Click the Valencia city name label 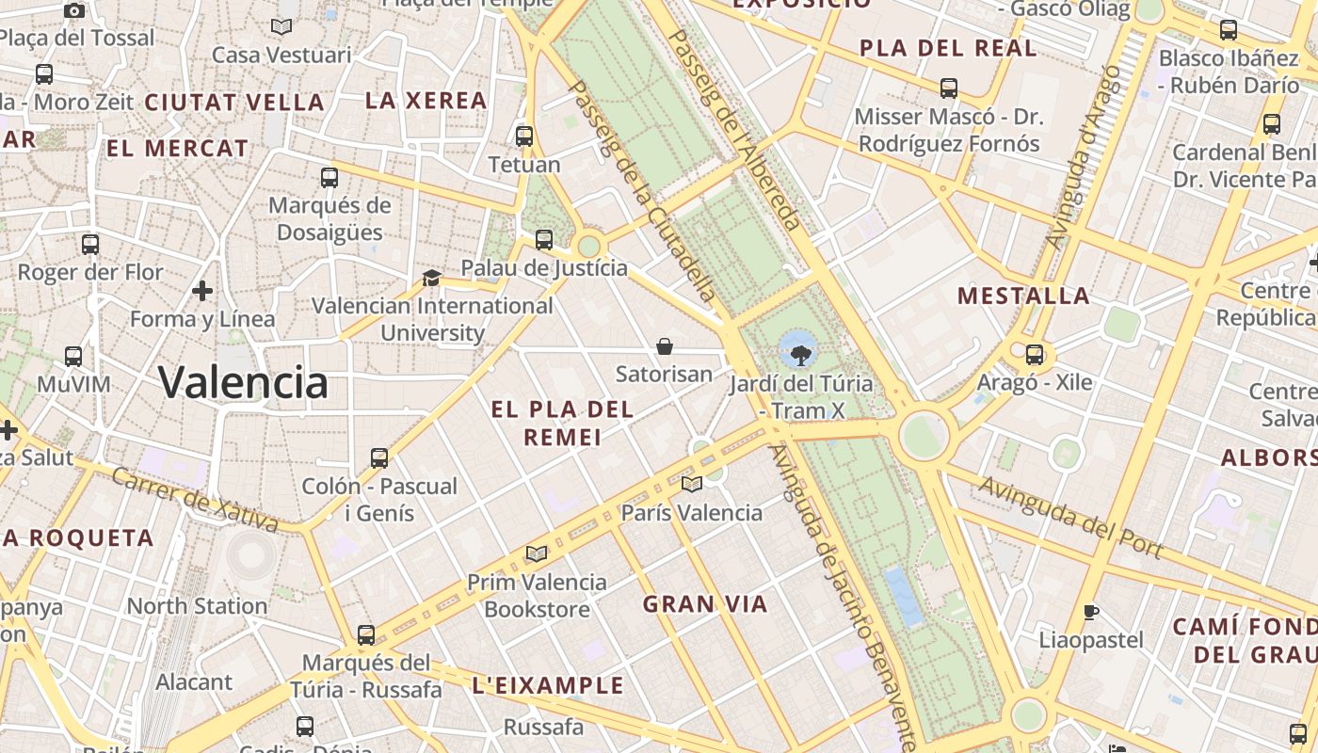coord(243,382)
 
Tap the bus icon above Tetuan coord(524,136)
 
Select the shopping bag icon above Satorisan coord(665,346)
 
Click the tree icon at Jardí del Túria coord(799,354)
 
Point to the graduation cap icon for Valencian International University coord(431,278)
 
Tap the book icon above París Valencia coord(692,484)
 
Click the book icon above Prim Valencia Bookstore coord(537,553)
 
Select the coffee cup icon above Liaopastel coord(1090,612)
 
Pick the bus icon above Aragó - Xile coord(1035,355)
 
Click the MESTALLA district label coord(1023,296)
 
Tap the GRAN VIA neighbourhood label coord(705,604)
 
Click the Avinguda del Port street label coord(1071,517)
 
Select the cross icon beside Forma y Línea coord(202,291)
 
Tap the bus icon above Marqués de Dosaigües coord(329,177)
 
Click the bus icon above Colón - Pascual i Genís coord(379,458)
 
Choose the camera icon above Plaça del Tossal coord(74,10)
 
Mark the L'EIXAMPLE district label coord(547,685)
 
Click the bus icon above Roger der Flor coord(90,245)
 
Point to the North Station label coord(197,606)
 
